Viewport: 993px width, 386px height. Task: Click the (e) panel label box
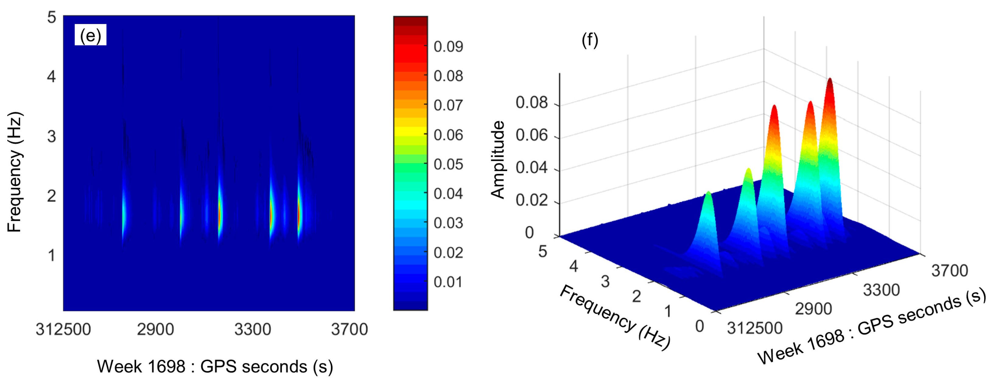[x=90, y=35]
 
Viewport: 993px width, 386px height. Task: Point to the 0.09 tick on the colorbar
[x=448, y=47]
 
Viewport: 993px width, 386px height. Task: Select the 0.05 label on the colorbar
[x=448, y=164]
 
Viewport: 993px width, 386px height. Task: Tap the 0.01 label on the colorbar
[x=448, y=282]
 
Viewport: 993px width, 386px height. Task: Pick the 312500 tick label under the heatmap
[x=63, y=330]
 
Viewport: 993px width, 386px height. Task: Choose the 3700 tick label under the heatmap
[x=349, y=330]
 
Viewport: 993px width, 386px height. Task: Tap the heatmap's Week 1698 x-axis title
[x=215, y=366]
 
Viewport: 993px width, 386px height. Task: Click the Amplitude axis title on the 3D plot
[x=498, y=160]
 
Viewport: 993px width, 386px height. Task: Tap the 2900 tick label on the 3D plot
[x=813, y=309]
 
